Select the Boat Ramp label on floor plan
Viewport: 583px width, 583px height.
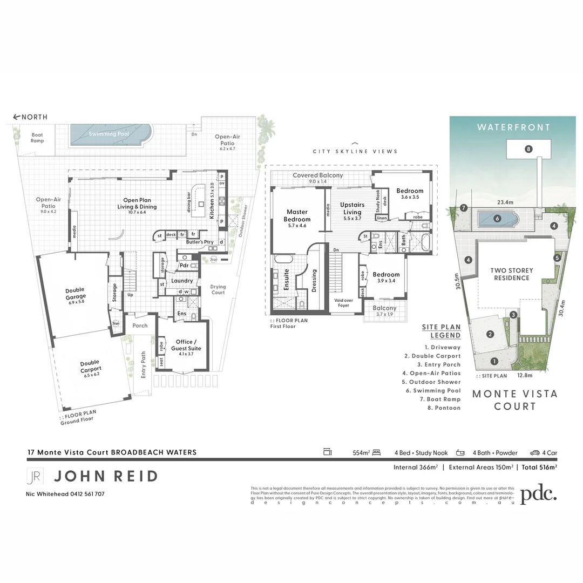point(37,138)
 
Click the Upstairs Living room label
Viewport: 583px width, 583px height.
point(352,208)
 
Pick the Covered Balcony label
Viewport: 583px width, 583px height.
point(317,175)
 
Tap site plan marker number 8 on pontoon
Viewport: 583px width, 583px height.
point(528,148)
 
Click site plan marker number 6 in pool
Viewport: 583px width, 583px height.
point(497,219)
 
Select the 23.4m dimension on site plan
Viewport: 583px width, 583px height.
point(505,202)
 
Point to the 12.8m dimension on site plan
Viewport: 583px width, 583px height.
point(524,375)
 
